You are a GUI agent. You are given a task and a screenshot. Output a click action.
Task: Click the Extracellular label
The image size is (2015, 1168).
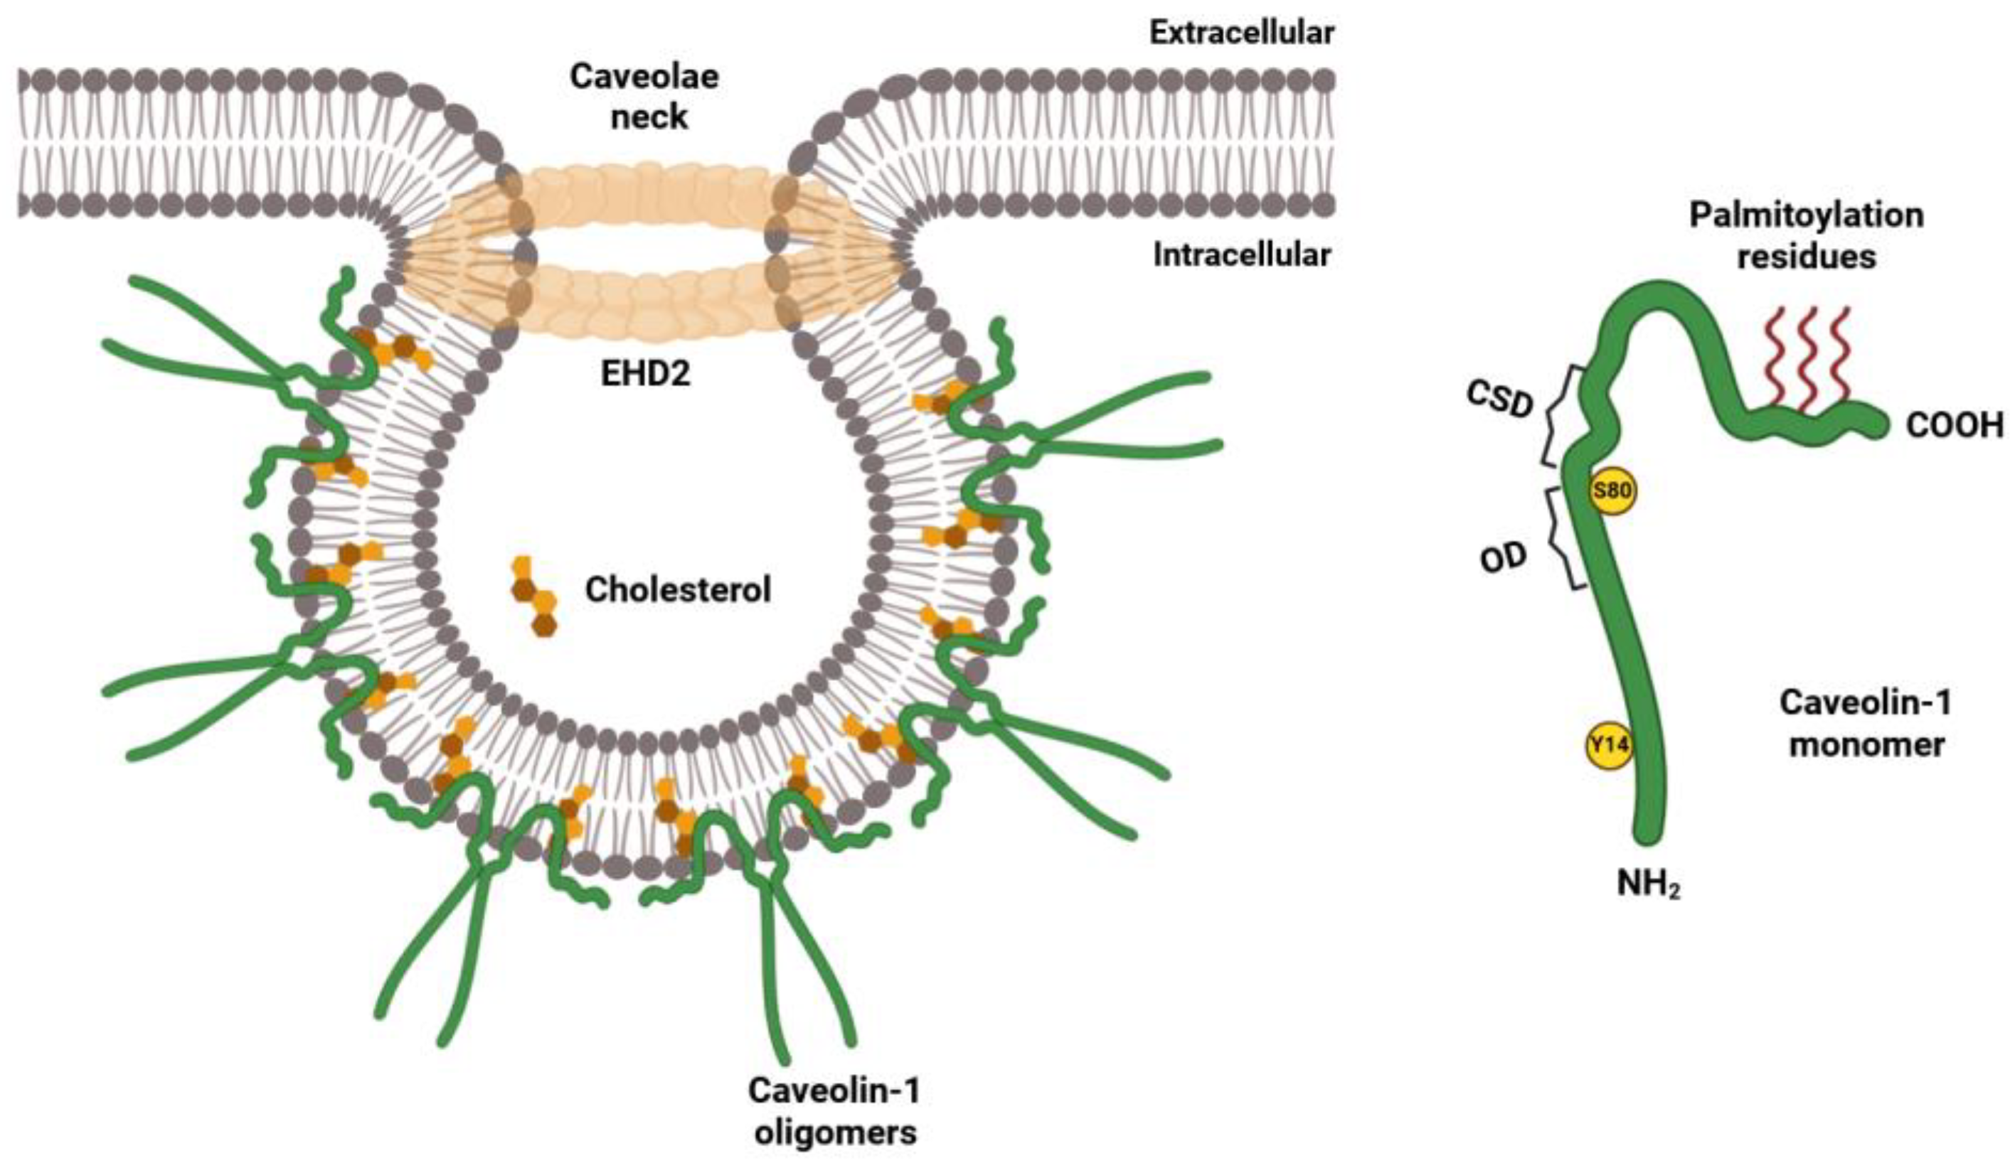[1241, 33]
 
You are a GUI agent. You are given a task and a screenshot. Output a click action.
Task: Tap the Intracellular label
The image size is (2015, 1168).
[1241, 255]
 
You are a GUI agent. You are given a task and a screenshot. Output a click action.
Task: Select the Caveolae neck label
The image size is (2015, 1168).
[644, 97]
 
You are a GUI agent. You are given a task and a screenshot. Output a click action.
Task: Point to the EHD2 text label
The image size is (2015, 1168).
[645, 373]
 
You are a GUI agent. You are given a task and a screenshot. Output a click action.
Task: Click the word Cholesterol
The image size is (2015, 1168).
[678, 590]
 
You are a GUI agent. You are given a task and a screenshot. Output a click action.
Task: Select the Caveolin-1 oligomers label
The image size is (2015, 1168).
[834, 1112]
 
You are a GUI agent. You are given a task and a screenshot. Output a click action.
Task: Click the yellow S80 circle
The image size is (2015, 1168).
[1612, 491]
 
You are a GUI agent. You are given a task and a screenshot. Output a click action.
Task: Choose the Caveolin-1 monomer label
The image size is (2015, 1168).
[1866, 724]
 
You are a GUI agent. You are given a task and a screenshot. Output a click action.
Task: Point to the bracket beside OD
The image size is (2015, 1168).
[1563, 538]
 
